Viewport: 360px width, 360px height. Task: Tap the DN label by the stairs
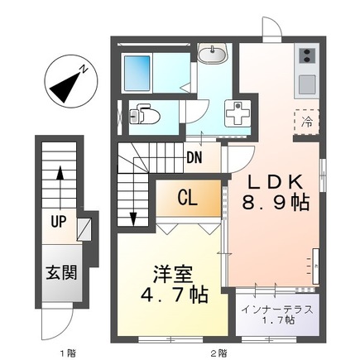pyautogui.click(x=195, y=156)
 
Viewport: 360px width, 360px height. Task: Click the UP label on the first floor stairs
pyautogui.click(x=60, y=223)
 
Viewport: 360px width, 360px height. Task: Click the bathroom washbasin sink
pyautogui.click(x=214, y=54)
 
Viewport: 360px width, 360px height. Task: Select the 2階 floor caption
pyautogui.click(x=218, y=353)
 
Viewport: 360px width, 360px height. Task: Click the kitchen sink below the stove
pyautogui.click(x=305, y=84)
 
